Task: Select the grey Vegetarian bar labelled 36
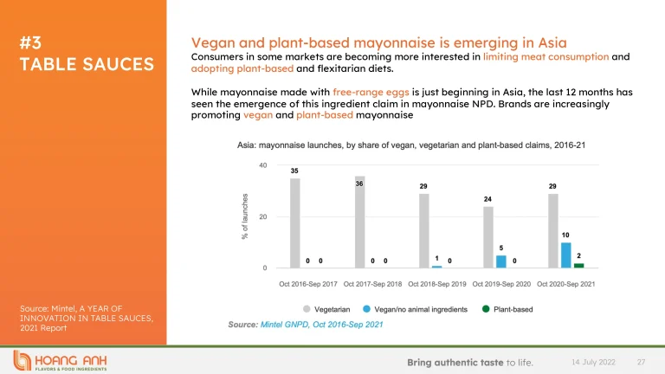coord(359,223)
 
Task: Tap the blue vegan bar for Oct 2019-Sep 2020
coord(500,261)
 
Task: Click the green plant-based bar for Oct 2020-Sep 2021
coord(578,266)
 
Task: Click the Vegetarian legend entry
coord(326,308)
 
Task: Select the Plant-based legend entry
coord(511,308)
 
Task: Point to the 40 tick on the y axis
coord(262,164)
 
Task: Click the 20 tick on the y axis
coord(262,216)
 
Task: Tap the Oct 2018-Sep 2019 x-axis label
coord(437,283)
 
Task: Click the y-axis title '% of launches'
coord(246,217)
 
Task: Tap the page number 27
coord(642,360)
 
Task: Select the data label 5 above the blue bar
coord(500,248)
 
